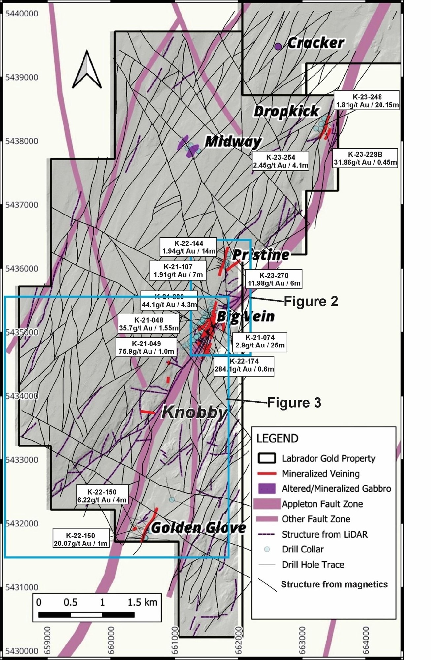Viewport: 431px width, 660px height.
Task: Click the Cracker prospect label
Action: click(x=315, y=43)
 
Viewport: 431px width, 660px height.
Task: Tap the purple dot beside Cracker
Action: click(x=278, y=46)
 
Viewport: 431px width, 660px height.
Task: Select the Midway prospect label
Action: click(x=233, y=142)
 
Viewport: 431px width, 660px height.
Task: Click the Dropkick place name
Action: click(x=286, y=111)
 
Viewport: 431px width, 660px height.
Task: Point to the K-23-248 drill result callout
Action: click(x=367, y=101)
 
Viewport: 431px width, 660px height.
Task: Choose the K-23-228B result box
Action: click(x=365, y=158)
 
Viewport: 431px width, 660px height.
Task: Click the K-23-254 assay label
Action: click(x=281, y=161)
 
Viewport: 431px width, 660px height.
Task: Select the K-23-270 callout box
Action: click(x=274, y=279)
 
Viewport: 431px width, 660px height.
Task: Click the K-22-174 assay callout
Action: click(x=244, y=365)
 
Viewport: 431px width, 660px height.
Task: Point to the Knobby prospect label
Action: click(x=194, y=412)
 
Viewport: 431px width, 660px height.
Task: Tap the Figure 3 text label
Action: click(x=294, y=403)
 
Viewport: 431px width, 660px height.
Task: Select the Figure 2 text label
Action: click(x=311, y=301)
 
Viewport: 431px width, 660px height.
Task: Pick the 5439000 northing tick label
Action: click(x=22, y=77)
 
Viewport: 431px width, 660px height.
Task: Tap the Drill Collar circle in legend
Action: click(x=267, y=549)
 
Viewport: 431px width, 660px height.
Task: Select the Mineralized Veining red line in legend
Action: click(x=267, y=474)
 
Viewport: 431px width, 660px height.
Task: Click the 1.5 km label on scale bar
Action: click(x=142, y=602)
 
